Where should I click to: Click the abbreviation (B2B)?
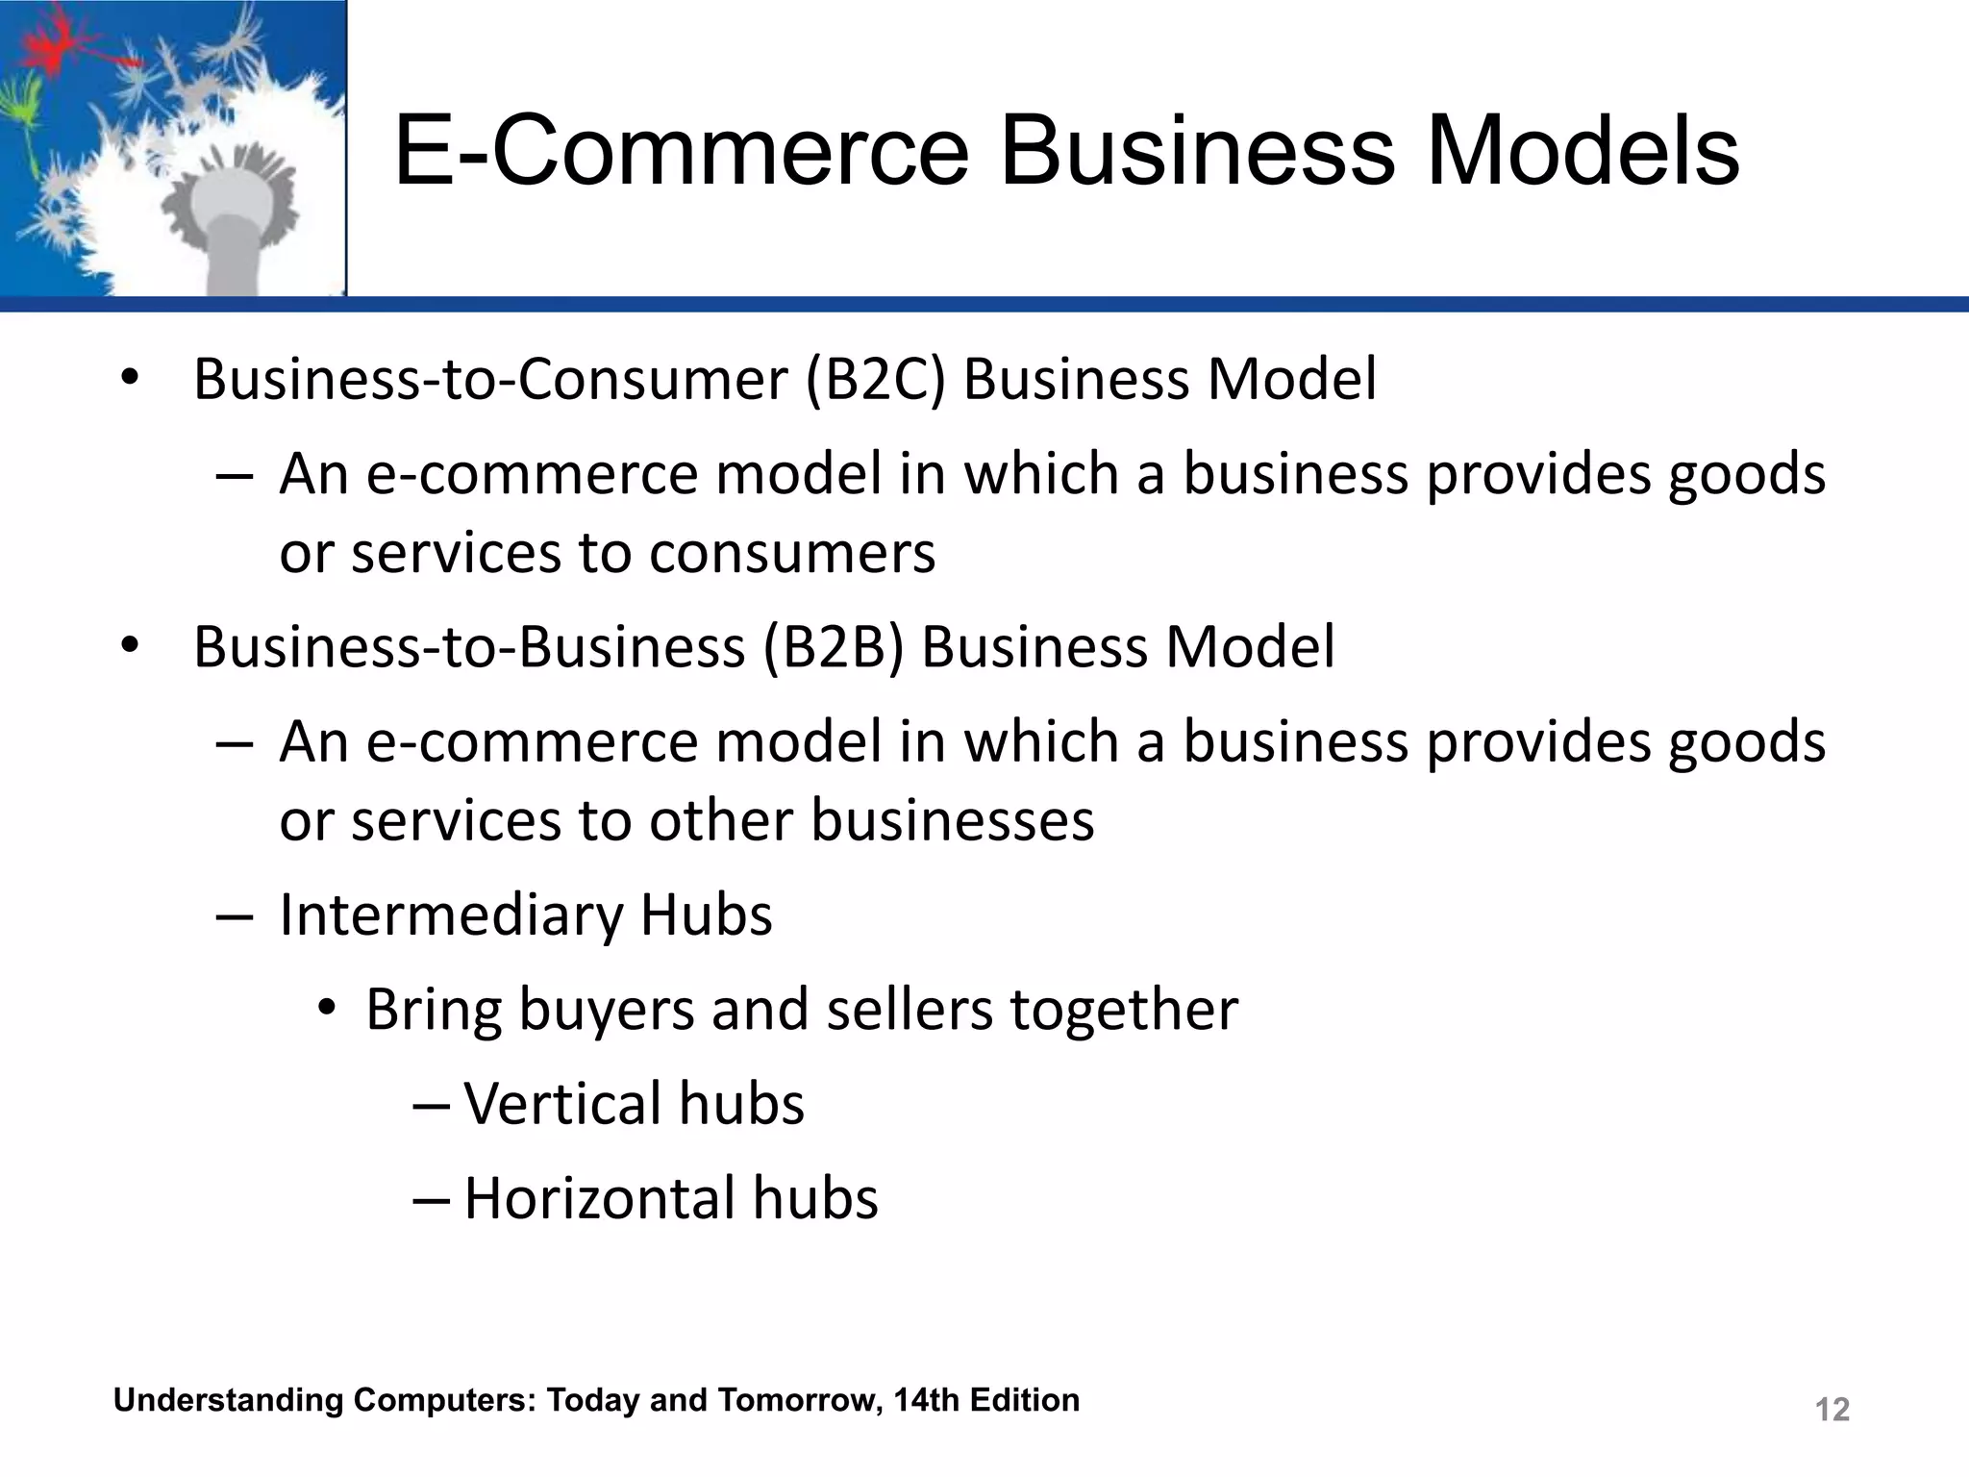tap(834, 646)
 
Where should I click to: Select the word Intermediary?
tap(451, 914)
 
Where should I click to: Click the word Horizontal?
tap(599, 1198)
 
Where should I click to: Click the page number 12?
tap(1832, 1410)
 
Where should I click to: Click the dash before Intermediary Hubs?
tap(235, 916)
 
